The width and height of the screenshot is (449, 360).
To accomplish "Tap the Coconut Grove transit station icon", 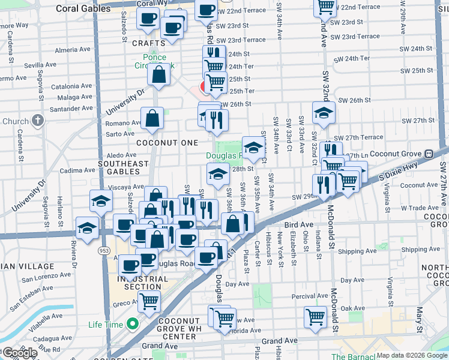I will pyautogui.click(x=428, y=154).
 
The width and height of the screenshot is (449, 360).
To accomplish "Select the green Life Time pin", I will pyautogui.click(x=129, y=325).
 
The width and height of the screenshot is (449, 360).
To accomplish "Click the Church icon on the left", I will pyautogui.click(x=37, y=121).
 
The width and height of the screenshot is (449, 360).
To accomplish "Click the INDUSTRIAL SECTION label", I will pyautogui.click(x=143, y=283).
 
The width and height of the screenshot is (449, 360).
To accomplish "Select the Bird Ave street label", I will pyautogui.click(x=299, y=224).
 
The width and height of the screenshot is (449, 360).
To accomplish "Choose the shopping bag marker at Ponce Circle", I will pyautogui.click(x=159, y=75).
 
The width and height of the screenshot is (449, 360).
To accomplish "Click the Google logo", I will pyautogui.click(x=19, y=353).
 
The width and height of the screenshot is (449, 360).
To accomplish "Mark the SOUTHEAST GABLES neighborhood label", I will pyautogui.click(x=123, y=167).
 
